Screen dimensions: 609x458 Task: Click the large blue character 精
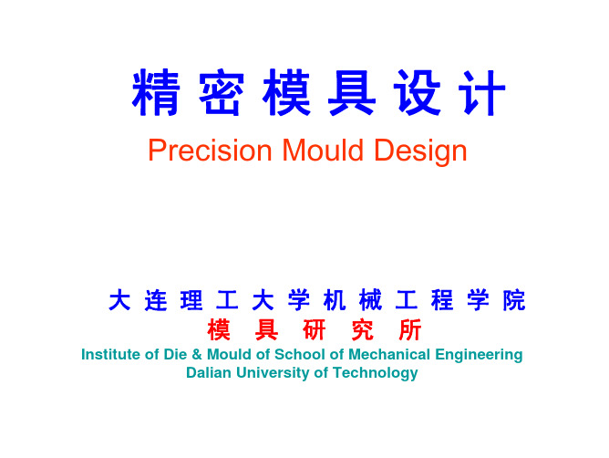pyautogui.click(x=156, y=92)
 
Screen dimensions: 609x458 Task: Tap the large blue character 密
pyautogui.click(x=222, y=92)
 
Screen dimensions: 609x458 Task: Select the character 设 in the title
pyautogui.click(x=418, y=92)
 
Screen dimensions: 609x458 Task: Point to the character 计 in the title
pyautogui.click(x=482, y=92)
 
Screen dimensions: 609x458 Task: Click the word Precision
pyautogui.click(x=210, y=151)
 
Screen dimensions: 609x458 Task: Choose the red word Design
pyautogui.click(x=420, y=151)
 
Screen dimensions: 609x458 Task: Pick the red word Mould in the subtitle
pyautogui.click(x=323, y=150)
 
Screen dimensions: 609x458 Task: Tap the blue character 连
pyautogui.click(x=156, y=300)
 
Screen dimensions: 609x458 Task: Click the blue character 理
pyautogui.click(x=191, y=300)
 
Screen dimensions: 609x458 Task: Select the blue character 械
pyautogui.click(x=370, y=300)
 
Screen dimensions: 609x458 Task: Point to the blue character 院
pyautogui.click(x=514, y=300)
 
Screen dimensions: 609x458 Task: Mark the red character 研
pyautogui.click(x=315, y=329)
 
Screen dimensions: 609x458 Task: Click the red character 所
pyautogui.click(x=410, y=329)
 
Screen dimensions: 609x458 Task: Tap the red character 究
pyautogui.click(x=362, y=329)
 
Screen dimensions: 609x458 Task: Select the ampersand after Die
pyautogui.click(x=197, y=355)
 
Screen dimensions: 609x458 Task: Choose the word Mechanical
pyautogui.click(x=389, y=354)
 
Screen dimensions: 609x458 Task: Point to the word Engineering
pyautogui.click(x=479, y=355)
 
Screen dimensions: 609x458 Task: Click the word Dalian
pyautogui.click(x=209, y=372)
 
